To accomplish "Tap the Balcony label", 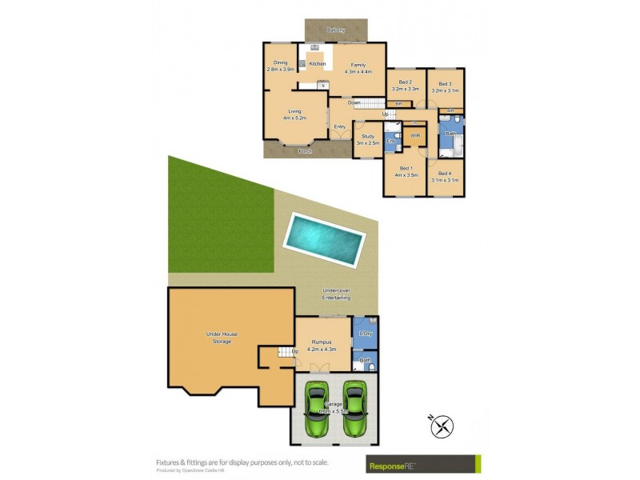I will click(336, 30).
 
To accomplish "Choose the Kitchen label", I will click(318, 63).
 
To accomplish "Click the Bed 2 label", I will click(406, 82).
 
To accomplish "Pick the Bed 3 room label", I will click(445, 83).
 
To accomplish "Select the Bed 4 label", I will click(445, 174).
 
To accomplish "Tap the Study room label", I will click(368, 136).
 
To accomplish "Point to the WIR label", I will click(415, 136).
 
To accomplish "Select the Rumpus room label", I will click(322, 342).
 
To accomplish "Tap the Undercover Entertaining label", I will click(337, 294).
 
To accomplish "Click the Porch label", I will click(305, 151).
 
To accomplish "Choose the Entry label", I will click(340, 126).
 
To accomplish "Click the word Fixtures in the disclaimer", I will click(169, 462).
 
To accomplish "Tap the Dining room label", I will click(280, 62).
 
